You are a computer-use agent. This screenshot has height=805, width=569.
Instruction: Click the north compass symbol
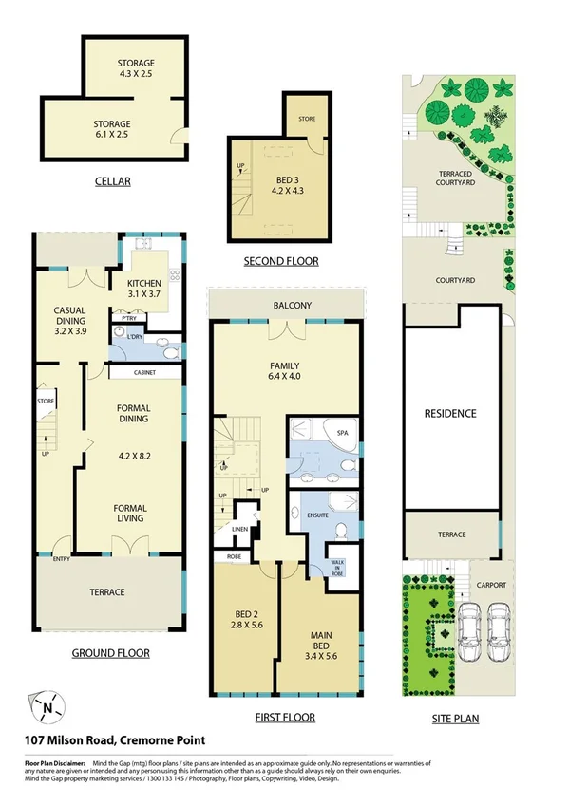[47, 704]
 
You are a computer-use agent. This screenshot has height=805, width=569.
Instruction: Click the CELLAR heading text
[112, 181]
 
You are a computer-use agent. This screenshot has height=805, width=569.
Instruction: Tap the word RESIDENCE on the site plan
[451, 414]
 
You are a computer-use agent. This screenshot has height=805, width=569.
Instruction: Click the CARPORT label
[490, 585]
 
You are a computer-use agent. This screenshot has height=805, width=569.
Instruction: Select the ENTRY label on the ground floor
[62, 558]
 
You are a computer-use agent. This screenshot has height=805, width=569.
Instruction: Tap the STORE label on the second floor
[306, 119]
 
